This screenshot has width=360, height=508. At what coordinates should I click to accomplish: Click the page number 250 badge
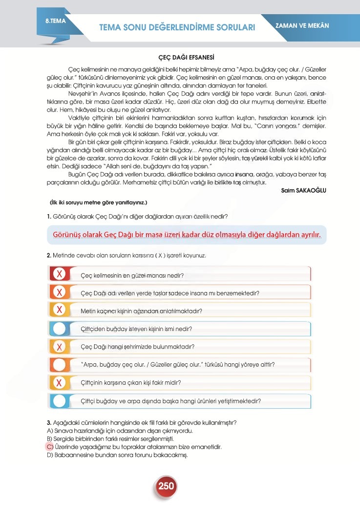click(166, 486)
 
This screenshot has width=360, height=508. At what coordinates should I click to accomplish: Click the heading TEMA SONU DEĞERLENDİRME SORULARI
click(177, 27)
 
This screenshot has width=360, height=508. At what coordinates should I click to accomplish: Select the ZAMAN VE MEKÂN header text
click(302, 25)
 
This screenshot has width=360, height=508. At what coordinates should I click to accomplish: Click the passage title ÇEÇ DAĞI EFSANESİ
click(180, 58)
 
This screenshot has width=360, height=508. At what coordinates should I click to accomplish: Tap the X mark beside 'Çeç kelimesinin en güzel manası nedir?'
click(59, 274)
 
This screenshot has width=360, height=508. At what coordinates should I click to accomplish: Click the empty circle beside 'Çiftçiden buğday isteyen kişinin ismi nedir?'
click(59, 329)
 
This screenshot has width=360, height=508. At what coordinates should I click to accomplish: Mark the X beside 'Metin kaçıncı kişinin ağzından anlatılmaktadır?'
click(59, 310)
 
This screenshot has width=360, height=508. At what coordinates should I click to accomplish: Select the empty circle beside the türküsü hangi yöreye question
click(59, 365)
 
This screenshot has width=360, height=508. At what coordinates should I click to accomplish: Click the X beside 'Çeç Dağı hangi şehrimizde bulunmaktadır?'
click(59, 347)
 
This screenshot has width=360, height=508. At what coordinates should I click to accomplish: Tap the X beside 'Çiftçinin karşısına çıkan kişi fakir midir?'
click(59, 382)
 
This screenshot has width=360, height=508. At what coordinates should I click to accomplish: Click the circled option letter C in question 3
click(49, 446)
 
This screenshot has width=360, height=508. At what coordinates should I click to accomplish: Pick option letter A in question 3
click(49, 431)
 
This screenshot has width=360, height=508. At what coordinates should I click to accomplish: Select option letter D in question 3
click(49, 455)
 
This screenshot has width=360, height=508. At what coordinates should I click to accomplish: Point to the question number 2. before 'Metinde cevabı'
click(49, 256)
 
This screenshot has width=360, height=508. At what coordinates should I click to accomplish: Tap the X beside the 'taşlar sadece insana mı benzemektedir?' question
click(59, 292)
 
